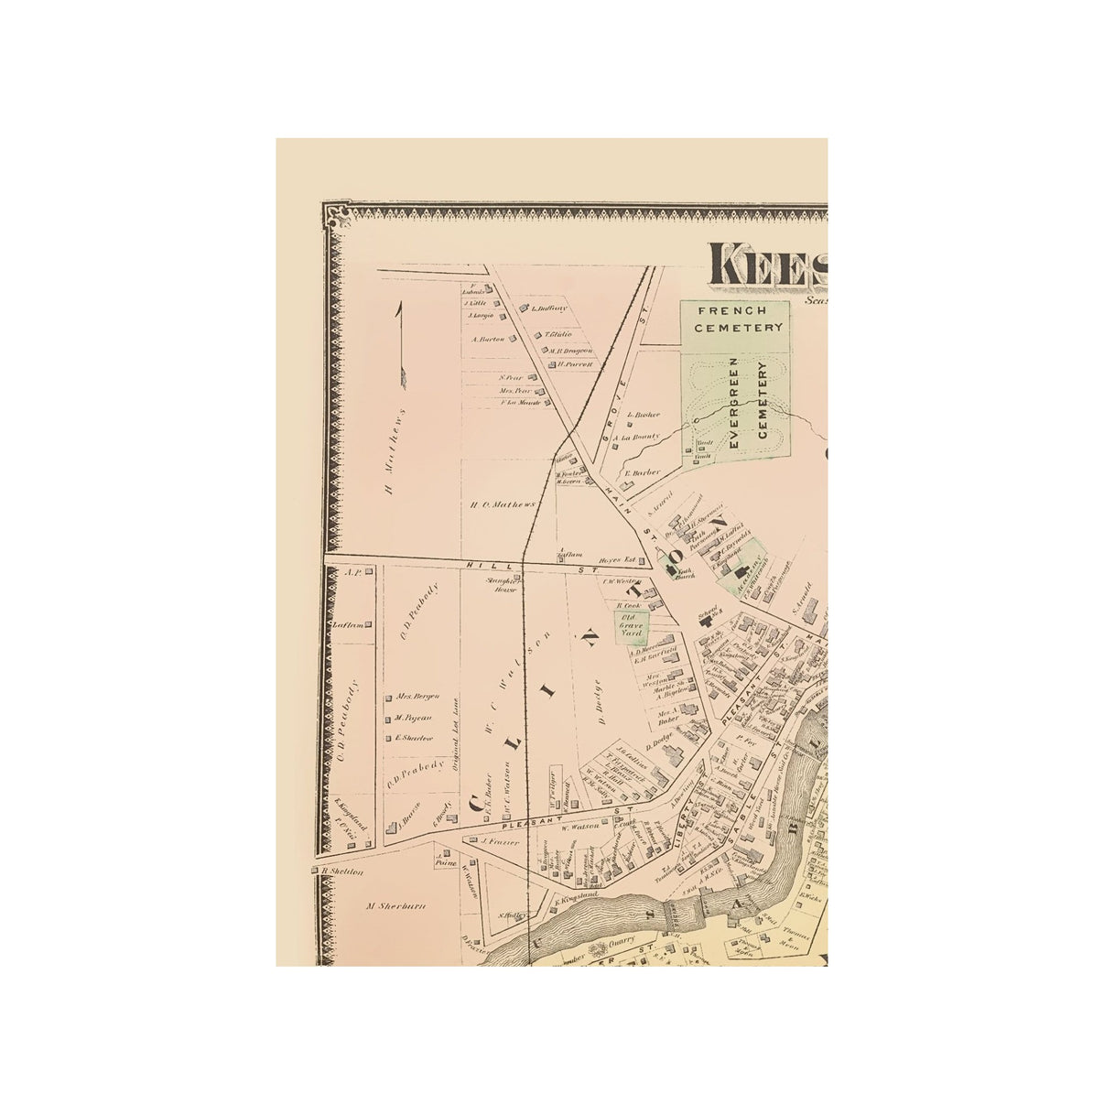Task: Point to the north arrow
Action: point(399,343)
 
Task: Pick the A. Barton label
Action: point(489,339)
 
